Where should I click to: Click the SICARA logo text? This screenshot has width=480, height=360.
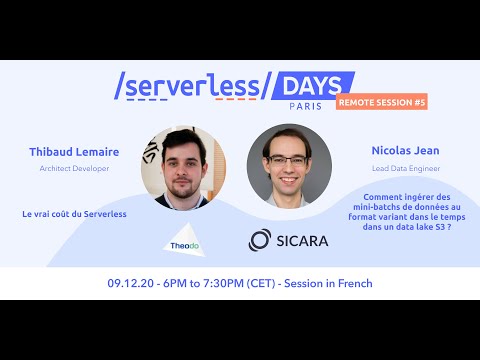click(304, 240)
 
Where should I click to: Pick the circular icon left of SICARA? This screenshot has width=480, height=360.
click(260, 240)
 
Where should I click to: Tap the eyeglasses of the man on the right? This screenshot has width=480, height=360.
click(287, 157)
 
